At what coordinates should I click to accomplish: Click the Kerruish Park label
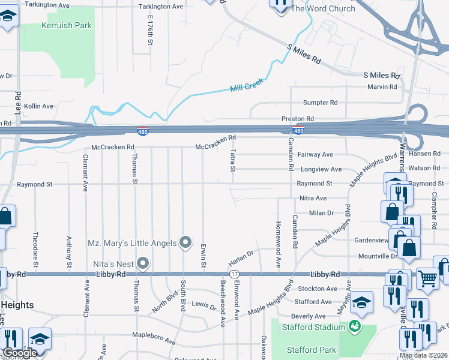(x=67, y=26)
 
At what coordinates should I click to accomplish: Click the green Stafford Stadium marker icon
(x=355, y=326)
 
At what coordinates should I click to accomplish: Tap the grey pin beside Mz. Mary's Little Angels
(x=186, y=242)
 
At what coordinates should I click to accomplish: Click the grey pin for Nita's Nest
(x=142, y=263)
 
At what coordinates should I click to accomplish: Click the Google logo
(x=20, y=353)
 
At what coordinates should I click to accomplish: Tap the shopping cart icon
(x=427, y=277)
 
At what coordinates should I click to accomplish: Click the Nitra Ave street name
(x=313, y=198)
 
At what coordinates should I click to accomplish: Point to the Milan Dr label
(x=321, y=213)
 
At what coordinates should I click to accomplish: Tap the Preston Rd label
(x=298, y=119)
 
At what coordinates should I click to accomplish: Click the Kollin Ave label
(x=39, y=106)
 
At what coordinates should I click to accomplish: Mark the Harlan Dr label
(x=242, y=259)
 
